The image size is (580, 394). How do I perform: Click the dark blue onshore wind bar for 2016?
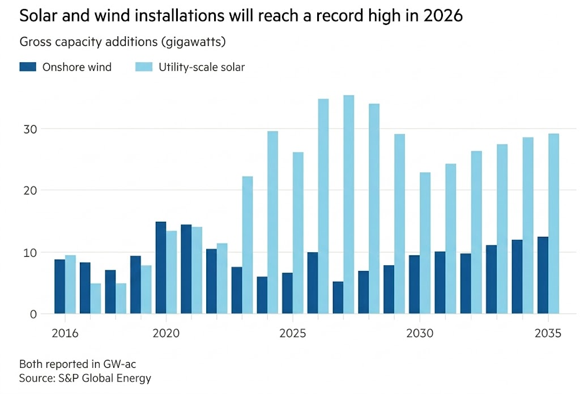coord(59,287)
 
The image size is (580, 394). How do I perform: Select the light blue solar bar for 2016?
coord(70,285)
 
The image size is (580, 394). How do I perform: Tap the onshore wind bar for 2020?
coord(161,268)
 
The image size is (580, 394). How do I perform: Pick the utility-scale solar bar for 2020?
coord(171,272)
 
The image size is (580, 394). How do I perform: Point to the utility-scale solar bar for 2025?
coord(298,233)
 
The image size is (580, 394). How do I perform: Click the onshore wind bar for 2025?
coord(287,293)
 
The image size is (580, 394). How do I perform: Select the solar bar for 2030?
coord(425,243)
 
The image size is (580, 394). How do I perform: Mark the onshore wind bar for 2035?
coord(543,275)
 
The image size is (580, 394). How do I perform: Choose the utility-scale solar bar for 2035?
coord(553,224)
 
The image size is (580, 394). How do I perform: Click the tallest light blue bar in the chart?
coord(349,205)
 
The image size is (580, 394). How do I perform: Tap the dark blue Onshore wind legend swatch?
coord(28,67)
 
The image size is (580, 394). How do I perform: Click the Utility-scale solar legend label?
coord(202,67)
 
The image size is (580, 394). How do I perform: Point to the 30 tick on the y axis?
coord(30,129)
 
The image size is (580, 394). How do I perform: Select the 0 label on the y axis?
coord(33,315)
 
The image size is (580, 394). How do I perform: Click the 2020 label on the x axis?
coord(166,333)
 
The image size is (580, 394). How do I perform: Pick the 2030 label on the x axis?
coord(420,333)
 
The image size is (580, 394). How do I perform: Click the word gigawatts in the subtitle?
coord(193,42)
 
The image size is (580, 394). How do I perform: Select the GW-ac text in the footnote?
coord(120,364)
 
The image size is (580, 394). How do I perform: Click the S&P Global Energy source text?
coord(105,378)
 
